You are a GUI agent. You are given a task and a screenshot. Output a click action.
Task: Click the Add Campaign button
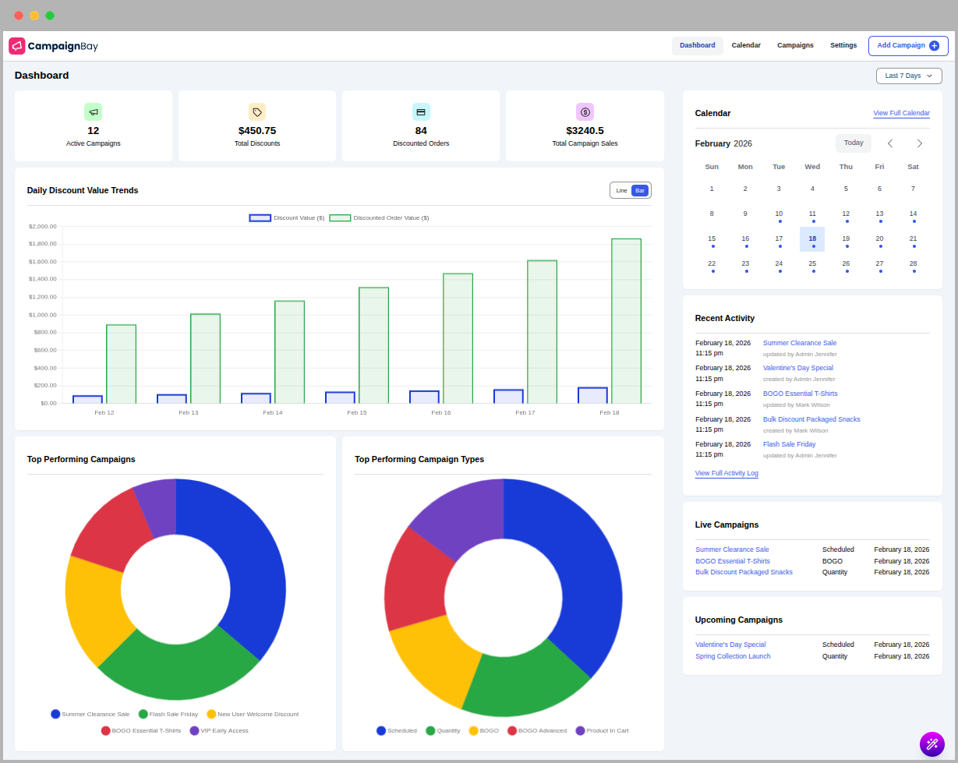[x=908, y=45]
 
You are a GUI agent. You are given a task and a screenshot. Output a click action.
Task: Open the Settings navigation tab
[x=843, y=45]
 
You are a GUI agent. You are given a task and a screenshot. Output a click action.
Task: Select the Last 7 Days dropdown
[x=908, y=76]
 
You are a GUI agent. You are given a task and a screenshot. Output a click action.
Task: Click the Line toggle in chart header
[x=621, y=190]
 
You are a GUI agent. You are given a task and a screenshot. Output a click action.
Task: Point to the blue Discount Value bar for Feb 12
[x=87, y=399]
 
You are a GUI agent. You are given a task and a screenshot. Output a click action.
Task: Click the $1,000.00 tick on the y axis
[x=43, y=315]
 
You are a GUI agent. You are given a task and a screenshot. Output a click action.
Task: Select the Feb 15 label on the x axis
[x=357, y=412]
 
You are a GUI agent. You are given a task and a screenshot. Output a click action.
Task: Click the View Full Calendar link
[x=901, y=113]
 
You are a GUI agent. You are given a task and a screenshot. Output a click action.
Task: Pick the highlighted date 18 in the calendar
[x=812, y=239]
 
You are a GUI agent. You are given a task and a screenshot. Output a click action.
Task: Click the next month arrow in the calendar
[x=919, y=143]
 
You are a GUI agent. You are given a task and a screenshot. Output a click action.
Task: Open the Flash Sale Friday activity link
[x=789, y=444]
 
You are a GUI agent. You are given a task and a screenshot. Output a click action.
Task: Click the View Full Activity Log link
[x=726, y=473]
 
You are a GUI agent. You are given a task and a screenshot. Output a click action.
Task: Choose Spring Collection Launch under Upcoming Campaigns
[x=733, y=656]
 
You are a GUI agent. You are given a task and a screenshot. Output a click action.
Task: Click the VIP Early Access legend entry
[x=224, y=731]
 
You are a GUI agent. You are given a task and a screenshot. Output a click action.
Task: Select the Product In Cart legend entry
[x=606, y=731]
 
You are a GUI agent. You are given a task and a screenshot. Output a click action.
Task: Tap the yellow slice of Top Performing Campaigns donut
[x=94, y=608]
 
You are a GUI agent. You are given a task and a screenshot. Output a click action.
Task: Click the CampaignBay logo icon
[x=17, y=46]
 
